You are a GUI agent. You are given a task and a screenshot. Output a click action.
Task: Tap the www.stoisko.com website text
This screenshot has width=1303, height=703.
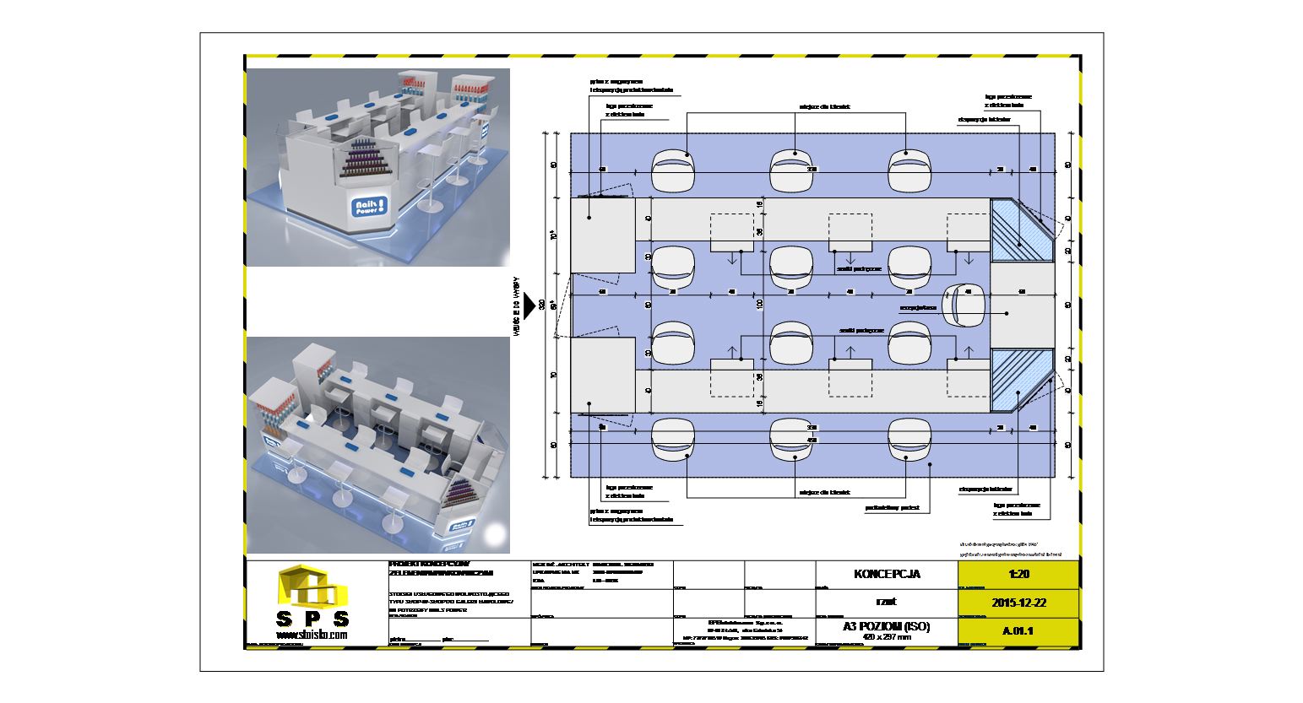pos(310,634)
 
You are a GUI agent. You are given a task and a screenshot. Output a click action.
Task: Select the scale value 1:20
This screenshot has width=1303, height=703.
pos(1018,573)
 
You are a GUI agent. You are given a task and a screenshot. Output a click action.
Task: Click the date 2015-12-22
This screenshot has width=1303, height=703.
pos(1018,603)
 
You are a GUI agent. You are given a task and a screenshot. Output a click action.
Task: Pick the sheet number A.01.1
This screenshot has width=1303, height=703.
pos(1018,630)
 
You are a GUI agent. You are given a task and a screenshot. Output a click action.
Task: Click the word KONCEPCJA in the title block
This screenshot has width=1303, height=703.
pos(887,574)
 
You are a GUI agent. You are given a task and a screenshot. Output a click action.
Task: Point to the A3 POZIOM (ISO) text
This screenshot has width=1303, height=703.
pos(886,626)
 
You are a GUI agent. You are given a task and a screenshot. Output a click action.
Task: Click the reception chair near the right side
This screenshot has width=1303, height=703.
pos(968,306)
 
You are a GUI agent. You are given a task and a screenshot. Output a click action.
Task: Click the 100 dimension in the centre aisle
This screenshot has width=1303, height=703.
pos(759,303)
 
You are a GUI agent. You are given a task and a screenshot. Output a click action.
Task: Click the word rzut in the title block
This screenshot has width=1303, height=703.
pos(887,602)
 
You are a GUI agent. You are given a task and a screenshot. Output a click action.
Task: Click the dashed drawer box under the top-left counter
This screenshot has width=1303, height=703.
pos(731,232)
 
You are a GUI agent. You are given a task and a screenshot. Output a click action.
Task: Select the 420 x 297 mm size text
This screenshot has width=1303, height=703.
pos(886,637)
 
